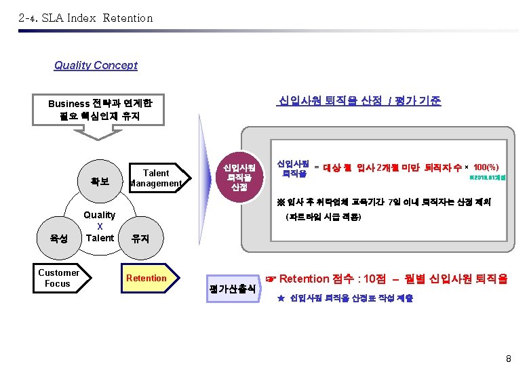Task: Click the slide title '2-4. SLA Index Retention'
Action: click(86, 18)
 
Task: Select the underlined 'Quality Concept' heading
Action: click(96, 66)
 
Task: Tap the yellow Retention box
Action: click(146, 278)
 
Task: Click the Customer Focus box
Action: click(58, 278)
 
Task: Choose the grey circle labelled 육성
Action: click(58, 239)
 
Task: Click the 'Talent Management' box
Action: click(155, 178)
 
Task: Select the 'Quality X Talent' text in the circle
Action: click(100, 226)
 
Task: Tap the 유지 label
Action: click(140, 239)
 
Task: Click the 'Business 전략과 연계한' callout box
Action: click(100, 110)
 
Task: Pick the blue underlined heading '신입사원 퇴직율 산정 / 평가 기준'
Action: click(359, 101)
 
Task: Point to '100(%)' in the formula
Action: click(486, 167)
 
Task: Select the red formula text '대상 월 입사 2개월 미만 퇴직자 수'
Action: click(392, 167)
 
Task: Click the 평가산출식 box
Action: click(232, 288)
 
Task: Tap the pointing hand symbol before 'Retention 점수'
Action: click(271, 279)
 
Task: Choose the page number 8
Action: click(508, 357)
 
